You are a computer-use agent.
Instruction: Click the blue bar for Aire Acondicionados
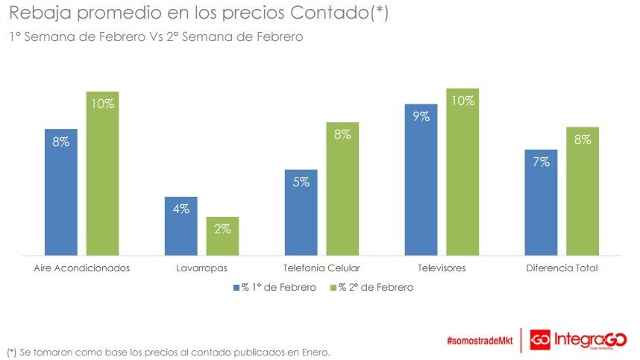pos(60,192)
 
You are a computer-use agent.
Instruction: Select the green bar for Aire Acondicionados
pos(102,174)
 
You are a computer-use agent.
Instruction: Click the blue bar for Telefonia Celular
pos(301,213)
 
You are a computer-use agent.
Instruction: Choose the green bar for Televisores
pos(462,172)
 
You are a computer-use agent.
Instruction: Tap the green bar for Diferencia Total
pos(583,192)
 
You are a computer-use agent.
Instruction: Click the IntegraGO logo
pos(579,340)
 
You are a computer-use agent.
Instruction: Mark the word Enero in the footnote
pos(313,351)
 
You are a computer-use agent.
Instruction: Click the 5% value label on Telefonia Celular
pos(301,182)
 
